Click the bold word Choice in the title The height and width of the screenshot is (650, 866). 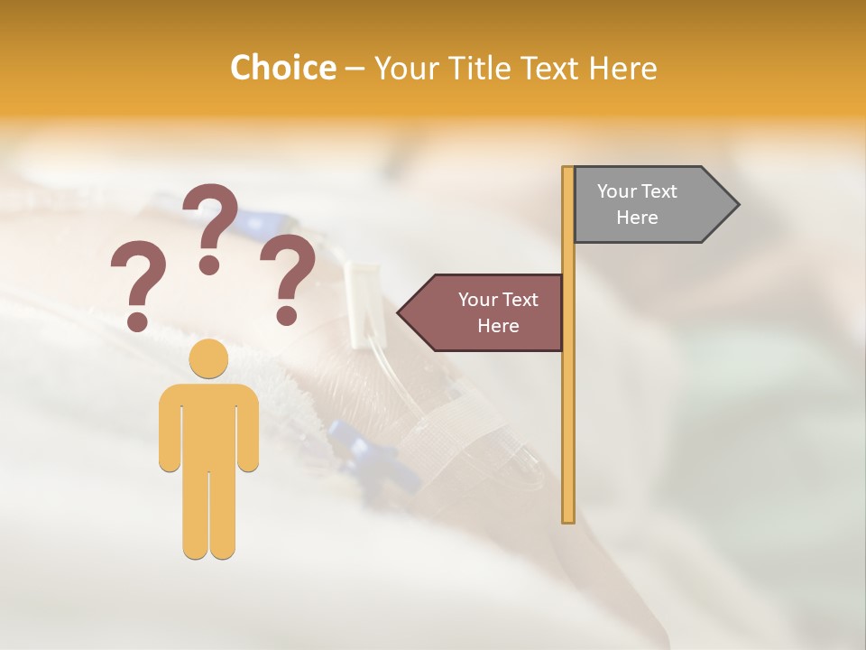pyautogui.click(x=282, y=68)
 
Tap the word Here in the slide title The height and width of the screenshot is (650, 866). pyautogui.click(x=622, y=68)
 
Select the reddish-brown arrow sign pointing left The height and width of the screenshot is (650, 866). pyautogui.click(x=487, y=312)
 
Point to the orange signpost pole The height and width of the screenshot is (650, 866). pyautogui.click(x=568, y=406)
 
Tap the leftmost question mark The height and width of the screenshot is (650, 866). pyautogui.click(x=137, y=275)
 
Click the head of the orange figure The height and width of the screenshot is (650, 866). pyautogui.click(x=208, y=359)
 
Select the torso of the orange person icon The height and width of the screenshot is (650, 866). pyautogui.click(x=208, y=424)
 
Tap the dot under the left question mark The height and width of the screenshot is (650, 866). pyautogui.click(x=137, y=320)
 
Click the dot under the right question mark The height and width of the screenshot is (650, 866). pyautogui.click(x=287, y=315)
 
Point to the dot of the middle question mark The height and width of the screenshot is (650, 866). pyautogui.click(x=209, y=264)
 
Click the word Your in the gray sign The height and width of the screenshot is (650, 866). pyautogui.click(x=617, y=191)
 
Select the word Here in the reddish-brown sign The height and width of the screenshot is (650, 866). pyautogui.click(x=498, y=326)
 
